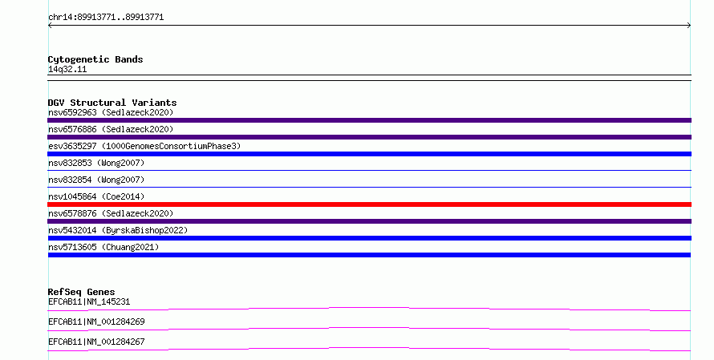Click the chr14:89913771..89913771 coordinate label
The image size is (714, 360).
point(106,18)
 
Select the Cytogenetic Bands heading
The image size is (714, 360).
point(95,59)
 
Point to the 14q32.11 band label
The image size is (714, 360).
point(67,69)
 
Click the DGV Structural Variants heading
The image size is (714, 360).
point(112,103)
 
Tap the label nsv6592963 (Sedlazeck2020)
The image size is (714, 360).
point(111,112)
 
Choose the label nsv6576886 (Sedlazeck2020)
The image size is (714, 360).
point(111,129)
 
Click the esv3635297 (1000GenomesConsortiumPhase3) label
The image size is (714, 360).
point(144,146)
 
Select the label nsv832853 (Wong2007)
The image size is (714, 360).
point(96,163)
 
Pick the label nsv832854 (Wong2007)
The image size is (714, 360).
point(96,180)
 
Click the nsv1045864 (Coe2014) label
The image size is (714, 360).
point(96,196)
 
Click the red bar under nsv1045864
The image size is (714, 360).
point(369,204)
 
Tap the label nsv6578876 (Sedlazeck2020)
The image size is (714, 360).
point(111,213)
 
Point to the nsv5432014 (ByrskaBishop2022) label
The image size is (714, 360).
point(118,230)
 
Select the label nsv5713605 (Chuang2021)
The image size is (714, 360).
point(103,247)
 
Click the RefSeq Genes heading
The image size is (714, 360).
point(82,292)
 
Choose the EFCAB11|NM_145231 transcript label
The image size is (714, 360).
point(89,301)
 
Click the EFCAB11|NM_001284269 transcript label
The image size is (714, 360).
point(96,322)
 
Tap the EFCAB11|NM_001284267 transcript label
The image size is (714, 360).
point(96,342)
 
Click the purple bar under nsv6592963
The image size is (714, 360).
point(369,120)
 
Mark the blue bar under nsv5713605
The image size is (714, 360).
point(369,255)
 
